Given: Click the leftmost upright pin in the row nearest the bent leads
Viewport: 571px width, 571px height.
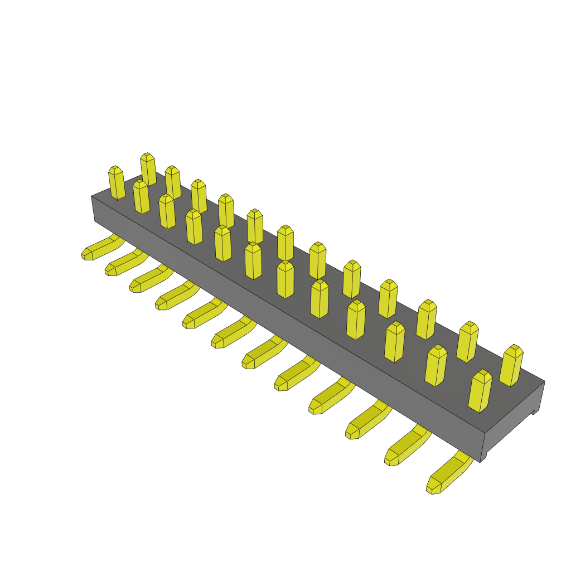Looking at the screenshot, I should pyautogui.click(x=117, y=182).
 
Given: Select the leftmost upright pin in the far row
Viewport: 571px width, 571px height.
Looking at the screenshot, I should pyautogui.click(x=148, y=169).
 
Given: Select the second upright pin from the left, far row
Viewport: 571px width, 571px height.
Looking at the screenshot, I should pyautogui.click(x=173, y=182).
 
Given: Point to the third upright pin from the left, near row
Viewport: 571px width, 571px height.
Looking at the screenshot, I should pyautogui.click(x=167, y=211).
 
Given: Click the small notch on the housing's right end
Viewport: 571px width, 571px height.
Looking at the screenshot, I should pyautogui.click(x=534, y=412).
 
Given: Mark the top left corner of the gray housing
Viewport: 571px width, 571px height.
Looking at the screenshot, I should pyautogui.click(x=92, y=196).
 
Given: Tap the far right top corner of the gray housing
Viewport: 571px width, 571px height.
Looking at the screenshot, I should pyautogui.click(x=544, y=381).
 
